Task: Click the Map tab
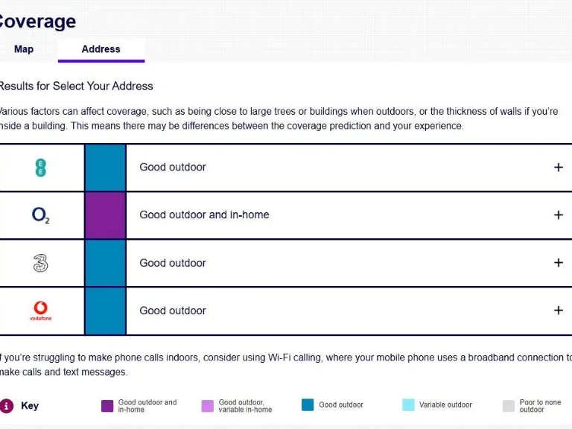24,49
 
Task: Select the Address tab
101,49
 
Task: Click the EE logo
41,168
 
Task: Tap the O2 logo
41,215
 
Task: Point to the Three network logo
41,263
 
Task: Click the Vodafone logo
41,310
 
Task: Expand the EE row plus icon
559,168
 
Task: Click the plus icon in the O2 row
559,215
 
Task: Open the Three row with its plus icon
559,263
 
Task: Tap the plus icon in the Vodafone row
559,311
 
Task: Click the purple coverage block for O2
105,215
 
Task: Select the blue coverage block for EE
105,168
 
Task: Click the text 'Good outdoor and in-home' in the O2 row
204,215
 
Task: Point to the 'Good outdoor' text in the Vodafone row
173,311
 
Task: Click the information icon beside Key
7,406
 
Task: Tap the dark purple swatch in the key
107,406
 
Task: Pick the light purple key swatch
208,406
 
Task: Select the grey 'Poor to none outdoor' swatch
509,406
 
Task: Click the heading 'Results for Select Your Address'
76,86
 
